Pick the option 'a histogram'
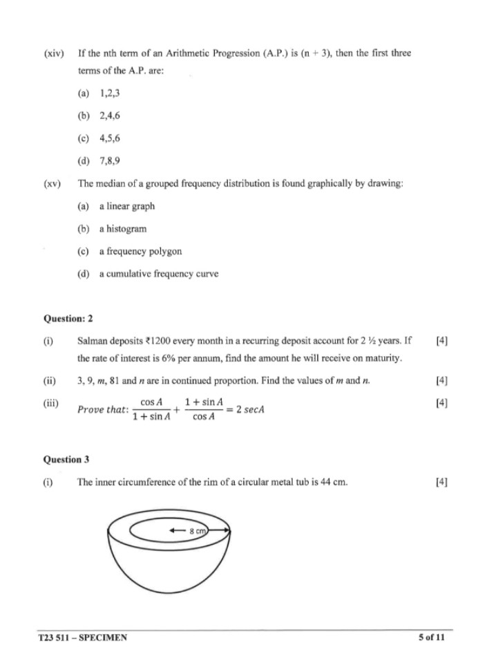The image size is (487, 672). click(122, 228)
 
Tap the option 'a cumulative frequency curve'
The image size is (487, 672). click(158, 274)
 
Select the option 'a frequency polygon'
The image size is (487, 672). click(140, 251)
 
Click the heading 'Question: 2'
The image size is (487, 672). click(68, 319)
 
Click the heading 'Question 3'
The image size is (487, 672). click(66, 458)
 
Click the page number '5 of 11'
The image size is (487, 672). click(432, 637)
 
